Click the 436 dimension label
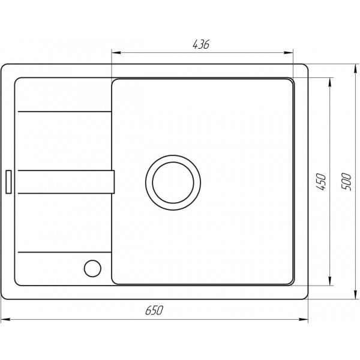click(x=201, y=44)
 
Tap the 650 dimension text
click(x=154, y=310)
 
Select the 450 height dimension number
click(x=321, y=182)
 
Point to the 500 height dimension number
click(x=346, y=181)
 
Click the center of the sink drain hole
click(x=173, y=182)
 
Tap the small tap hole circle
click(x=92, y=268)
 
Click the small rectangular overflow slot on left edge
click(x=8, y=182)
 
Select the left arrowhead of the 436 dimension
click(x=116, y=53)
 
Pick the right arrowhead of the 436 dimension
click(x=289, y=53)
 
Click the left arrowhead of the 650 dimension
click(x=5, y=319)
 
